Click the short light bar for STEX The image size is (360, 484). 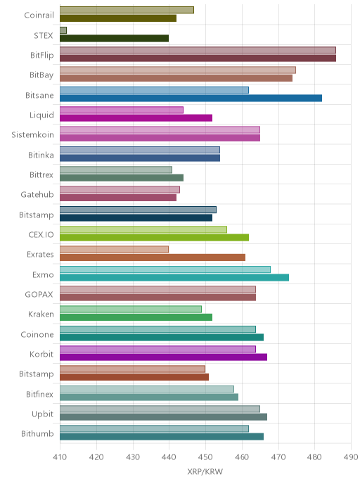63,30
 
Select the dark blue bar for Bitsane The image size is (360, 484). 191,98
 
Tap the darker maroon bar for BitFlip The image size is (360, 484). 198,58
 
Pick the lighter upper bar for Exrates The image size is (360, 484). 114,250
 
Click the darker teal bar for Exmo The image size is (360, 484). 174,277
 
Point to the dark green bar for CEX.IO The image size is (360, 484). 154,238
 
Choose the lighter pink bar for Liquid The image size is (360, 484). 122,110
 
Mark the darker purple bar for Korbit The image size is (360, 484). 164,357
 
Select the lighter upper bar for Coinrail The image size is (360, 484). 127,10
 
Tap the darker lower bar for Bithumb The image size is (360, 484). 162,437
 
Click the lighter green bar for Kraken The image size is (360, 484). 131,309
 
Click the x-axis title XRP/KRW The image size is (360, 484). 205,471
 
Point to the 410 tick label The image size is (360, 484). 60,457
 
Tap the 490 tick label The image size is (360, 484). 351,457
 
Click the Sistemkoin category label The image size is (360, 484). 33,135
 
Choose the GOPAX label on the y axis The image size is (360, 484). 39,295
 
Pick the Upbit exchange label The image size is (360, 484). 43,414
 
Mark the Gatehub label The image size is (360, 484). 37,194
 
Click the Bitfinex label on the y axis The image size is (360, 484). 39,394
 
